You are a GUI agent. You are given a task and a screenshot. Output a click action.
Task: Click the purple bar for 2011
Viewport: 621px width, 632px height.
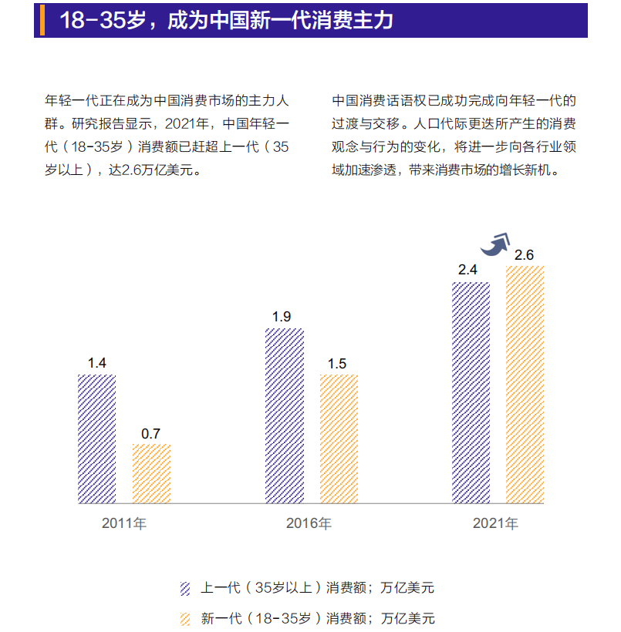point(96,439)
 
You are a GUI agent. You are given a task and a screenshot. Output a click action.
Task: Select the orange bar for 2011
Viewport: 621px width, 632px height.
point(151,473)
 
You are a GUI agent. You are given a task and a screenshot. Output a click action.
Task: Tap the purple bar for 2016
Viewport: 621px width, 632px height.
point(284,415)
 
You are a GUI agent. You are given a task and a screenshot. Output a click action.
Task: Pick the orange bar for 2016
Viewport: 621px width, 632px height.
point(339,439)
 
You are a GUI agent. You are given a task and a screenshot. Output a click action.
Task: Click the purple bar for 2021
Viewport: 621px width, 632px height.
point(471,392)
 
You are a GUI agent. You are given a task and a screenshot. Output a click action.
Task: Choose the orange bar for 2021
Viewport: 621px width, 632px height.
point(525,385)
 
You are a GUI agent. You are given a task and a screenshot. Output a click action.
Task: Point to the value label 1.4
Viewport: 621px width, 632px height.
point(96,363)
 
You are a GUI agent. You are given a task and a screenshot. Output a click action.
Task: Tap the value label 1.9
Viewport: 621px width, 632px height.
point(282,317)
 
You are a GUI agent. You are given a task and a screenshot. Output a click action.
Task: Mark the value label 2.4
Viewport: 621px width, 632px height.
point(467,271)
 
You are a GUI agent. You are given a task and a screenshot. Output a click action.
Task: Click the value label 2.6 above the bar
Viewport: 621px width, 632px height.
point(524,255)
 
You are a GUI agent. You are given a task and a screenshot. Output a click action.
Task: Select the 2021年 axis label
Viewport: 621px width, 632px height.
point(495,524)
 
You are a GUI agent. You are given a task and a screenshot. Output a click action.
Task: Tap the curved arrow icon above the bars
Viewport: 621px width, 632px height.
point(495,244)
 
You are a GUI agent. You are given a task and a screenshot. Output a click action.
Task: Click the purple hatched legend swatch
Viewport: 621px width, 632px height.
point(185,588)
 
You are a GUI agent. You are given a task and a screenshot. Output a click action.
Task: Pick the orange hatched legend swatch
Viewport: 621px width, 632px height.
point(185,618)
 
